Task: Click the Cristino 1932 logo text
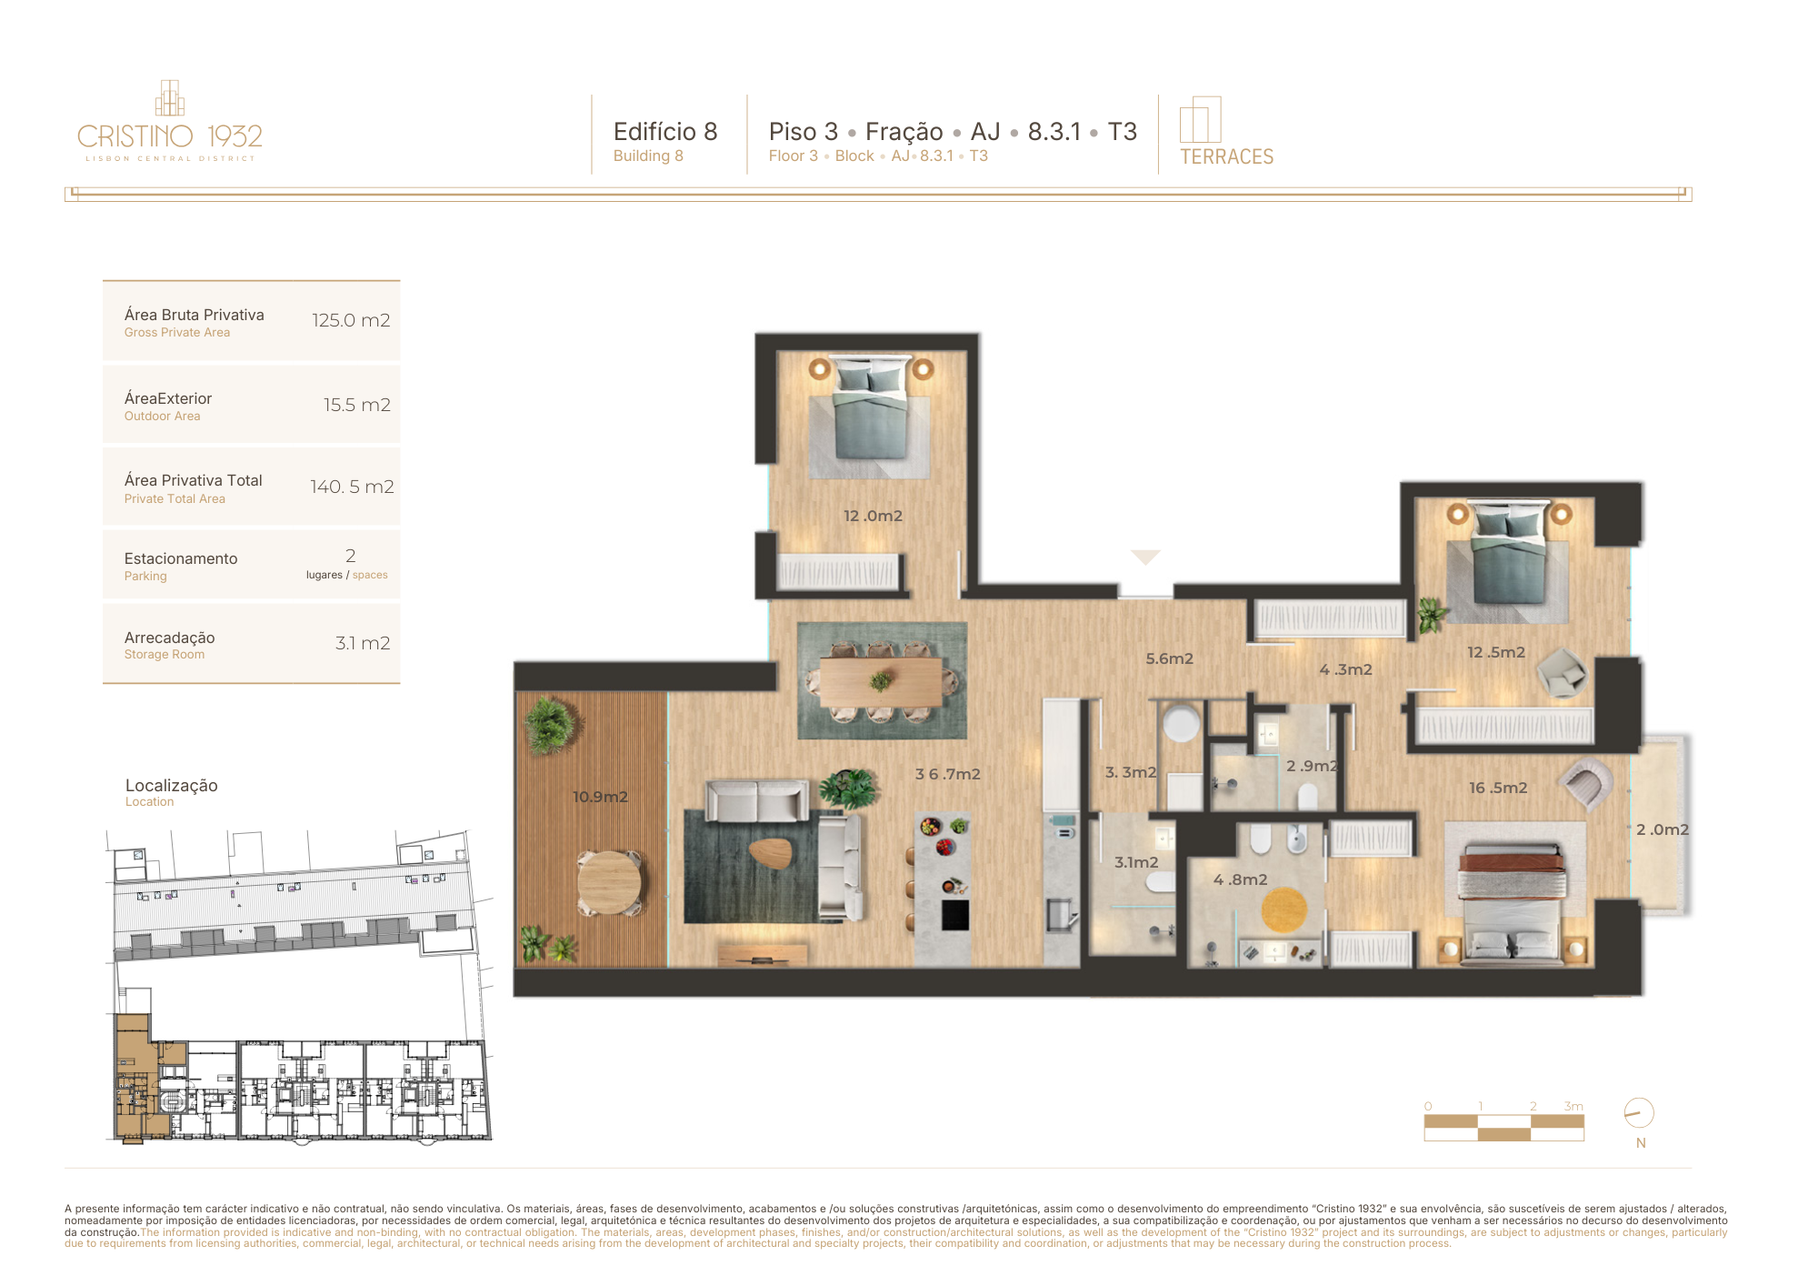(x=170, y=136)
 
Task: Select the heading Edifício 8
(x=665, y=132)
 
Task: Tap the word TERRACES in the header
(x=1226, y=156)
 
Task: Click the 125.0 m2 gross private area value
(x=351, y=320)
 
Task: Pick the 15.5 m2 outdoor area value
(x=357, y=405)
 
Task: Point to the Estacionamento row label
(x=181, y=558)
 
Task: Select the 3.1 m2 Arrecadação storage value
(x=363, y=643)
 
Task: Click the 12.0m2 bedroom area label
(x=873, y=516)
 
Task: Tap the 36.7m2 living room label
(x=947, y=774)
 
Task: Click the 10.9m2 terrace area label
(x=600, y=797)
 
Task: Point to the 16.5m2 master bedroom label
(x=1498, y=788)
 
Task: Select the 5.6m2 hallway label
(x=1169, y=658)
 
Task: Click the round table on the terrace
(x=609, y=882)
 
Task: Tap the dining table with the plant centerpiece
(x=881, y=682)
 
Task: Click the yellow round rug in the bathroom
(x=1284, y=909)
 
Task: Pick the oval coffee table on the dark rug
(x=771, y=852)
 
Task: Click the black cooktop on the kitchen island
(x=955, y=915)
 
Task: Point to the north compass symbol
(x=1639, y=1113)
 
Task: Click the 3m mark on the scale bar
(x=1573, y=1106)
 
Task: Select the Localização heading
(x=172, y=785)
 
